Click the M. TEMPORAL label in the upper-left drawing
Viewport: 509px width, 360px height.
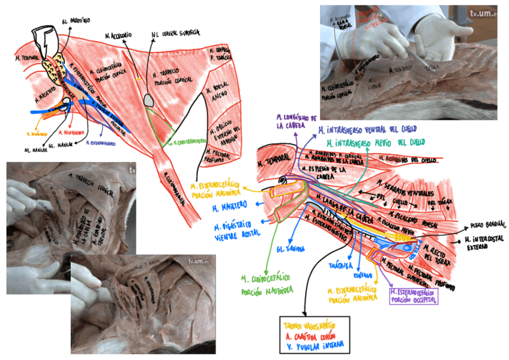(26, 59)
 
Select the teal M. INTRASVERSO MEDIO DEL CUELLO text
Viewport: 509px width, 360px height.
(372, 143)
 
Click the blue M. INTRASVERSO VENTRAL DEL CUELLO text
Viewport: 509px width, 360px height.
(367, 130)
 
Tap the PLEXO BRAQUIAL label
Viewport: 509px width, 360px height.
(488, 224)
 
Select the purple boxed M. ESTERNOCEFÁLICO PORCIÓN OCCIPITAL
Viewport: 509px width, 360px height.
(414, 295)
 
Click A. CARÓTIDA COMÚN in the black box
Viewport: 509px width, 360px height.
(313, 335)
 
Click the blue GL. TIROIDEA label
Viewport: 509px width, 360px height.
(290, 248)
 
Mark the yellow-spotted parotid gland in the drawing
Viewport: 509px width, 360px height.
(58, 70)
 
